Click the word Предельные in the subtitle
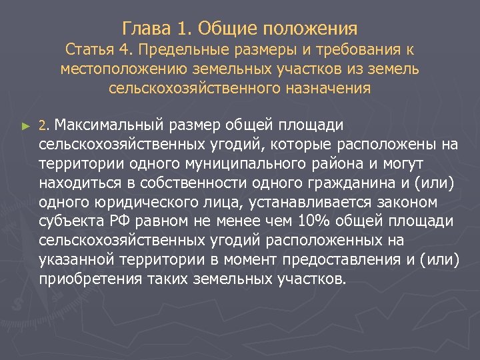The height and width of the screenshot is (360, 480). pyautogui.click(x=175, y=50)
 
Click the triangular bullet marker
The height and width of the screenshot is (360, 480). pyautogui.click(x=26, y=125)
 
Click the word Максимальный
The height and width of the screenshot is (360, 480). pyautogui.click(x=107, y=125)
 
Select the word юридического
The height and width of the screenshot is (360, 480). pyautogui.click(x=132, y=201)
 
